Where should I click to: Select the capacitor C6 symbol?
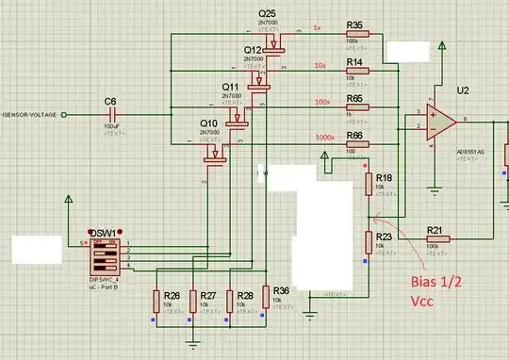click(111, 114)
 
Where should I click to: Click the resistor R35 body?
click(357, 35)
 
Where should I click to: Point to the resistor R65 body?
click(357, 107)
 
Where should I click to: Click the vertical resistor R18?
click(368, 185)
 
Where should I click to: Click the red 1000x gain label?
click(325, 138)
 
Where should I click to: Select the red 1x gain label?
click(318, 27)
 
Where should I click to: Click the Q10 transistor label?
click(208, 123)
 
